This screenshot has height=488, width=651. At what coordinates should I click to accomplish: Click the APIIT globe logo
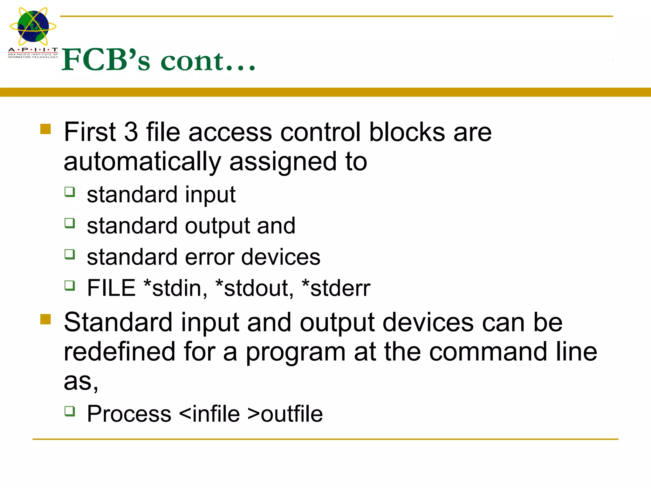pos(33,27)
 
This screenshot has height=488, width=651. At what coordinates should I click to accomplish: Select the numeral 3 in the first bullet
pos(131,132)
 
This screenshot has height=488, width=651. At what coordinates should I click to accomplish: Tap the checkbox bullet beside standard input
pos(70,192)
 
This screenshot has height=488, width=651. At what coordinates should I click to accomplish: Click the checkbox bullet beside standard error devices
pos(70,254)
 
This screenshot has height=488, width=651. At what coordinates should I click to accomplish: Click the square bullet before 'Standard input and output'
pos(46,319)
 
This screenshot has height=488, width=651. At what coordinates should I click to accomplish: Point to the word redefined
pos(120,352)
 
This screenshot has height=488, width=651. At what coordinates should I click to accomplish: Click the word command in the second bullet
pos(488,352)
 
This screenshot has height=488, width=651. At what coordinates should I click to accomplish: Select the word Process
pos(129,414)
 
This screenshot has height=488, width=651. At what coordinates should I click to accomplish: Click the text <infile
pos(209,414)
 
